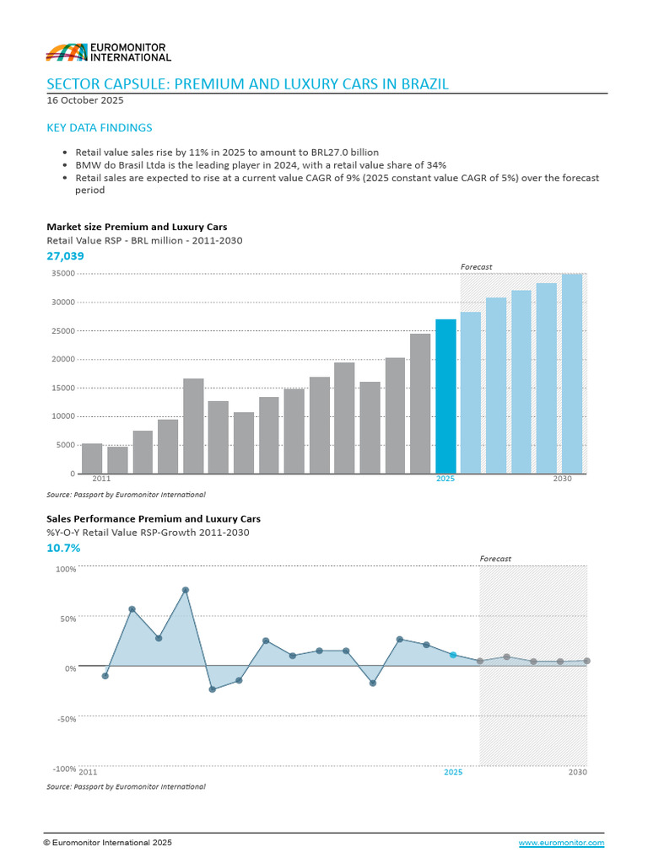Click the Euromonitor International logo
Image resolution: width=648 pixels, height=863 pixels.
point(108,51)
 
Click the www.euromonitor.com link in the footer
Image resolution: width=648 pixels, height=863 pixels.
point(561,843)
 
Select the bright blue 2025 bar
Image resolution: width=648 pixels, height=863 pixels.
point(445,396)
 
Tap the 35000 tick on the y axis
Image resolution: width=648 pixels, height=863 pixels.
point(63,274)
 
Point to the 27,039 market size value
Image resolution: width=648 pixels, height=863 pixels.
point(66,255)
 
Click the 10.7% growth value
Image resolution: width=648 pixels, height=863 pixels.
point(63,548)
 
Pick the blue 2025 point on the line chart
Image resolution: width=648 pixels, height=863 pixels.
point(453,655)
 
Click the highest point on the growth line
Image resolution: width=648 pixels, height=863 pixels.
point(185,590)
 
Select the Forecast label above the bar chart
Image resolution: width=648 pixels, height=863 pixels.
point(476,267)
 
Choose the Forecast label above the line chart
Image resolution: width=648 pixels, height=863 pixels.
point(495,559)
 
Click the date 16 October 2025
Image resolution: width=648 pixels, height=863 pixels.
point(85,100)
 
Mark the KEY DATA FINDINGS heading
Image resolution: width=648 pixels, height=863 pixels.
point(100,128)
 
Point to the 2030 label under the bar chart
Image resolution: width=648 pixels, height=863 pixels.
point(563,479)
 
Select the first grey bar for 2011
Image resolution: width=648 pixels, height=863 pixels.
point(92,458)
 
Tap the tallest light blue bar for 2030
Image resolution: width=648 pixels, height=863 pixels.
point(572,373)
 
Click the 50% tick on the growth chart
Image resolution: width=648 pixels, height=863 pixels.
point(66,619)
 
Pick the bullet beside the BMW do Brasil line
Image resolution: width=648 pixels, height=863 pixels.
point(66,165)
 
